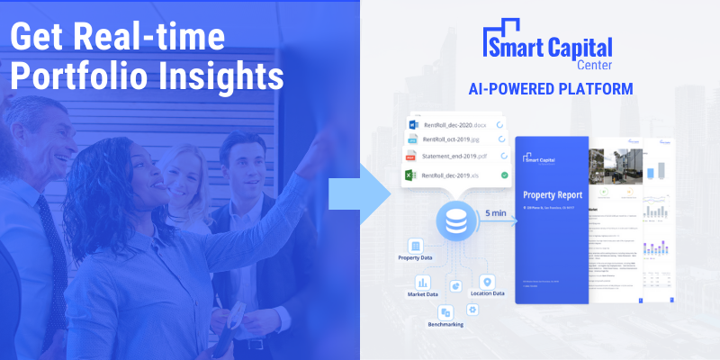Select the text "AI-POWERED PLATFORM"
point(550,89)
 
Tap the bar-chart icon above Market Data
point(423,282)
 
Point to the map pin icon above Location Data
point(487,281)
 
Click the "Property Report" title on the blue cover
point(553,194)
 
